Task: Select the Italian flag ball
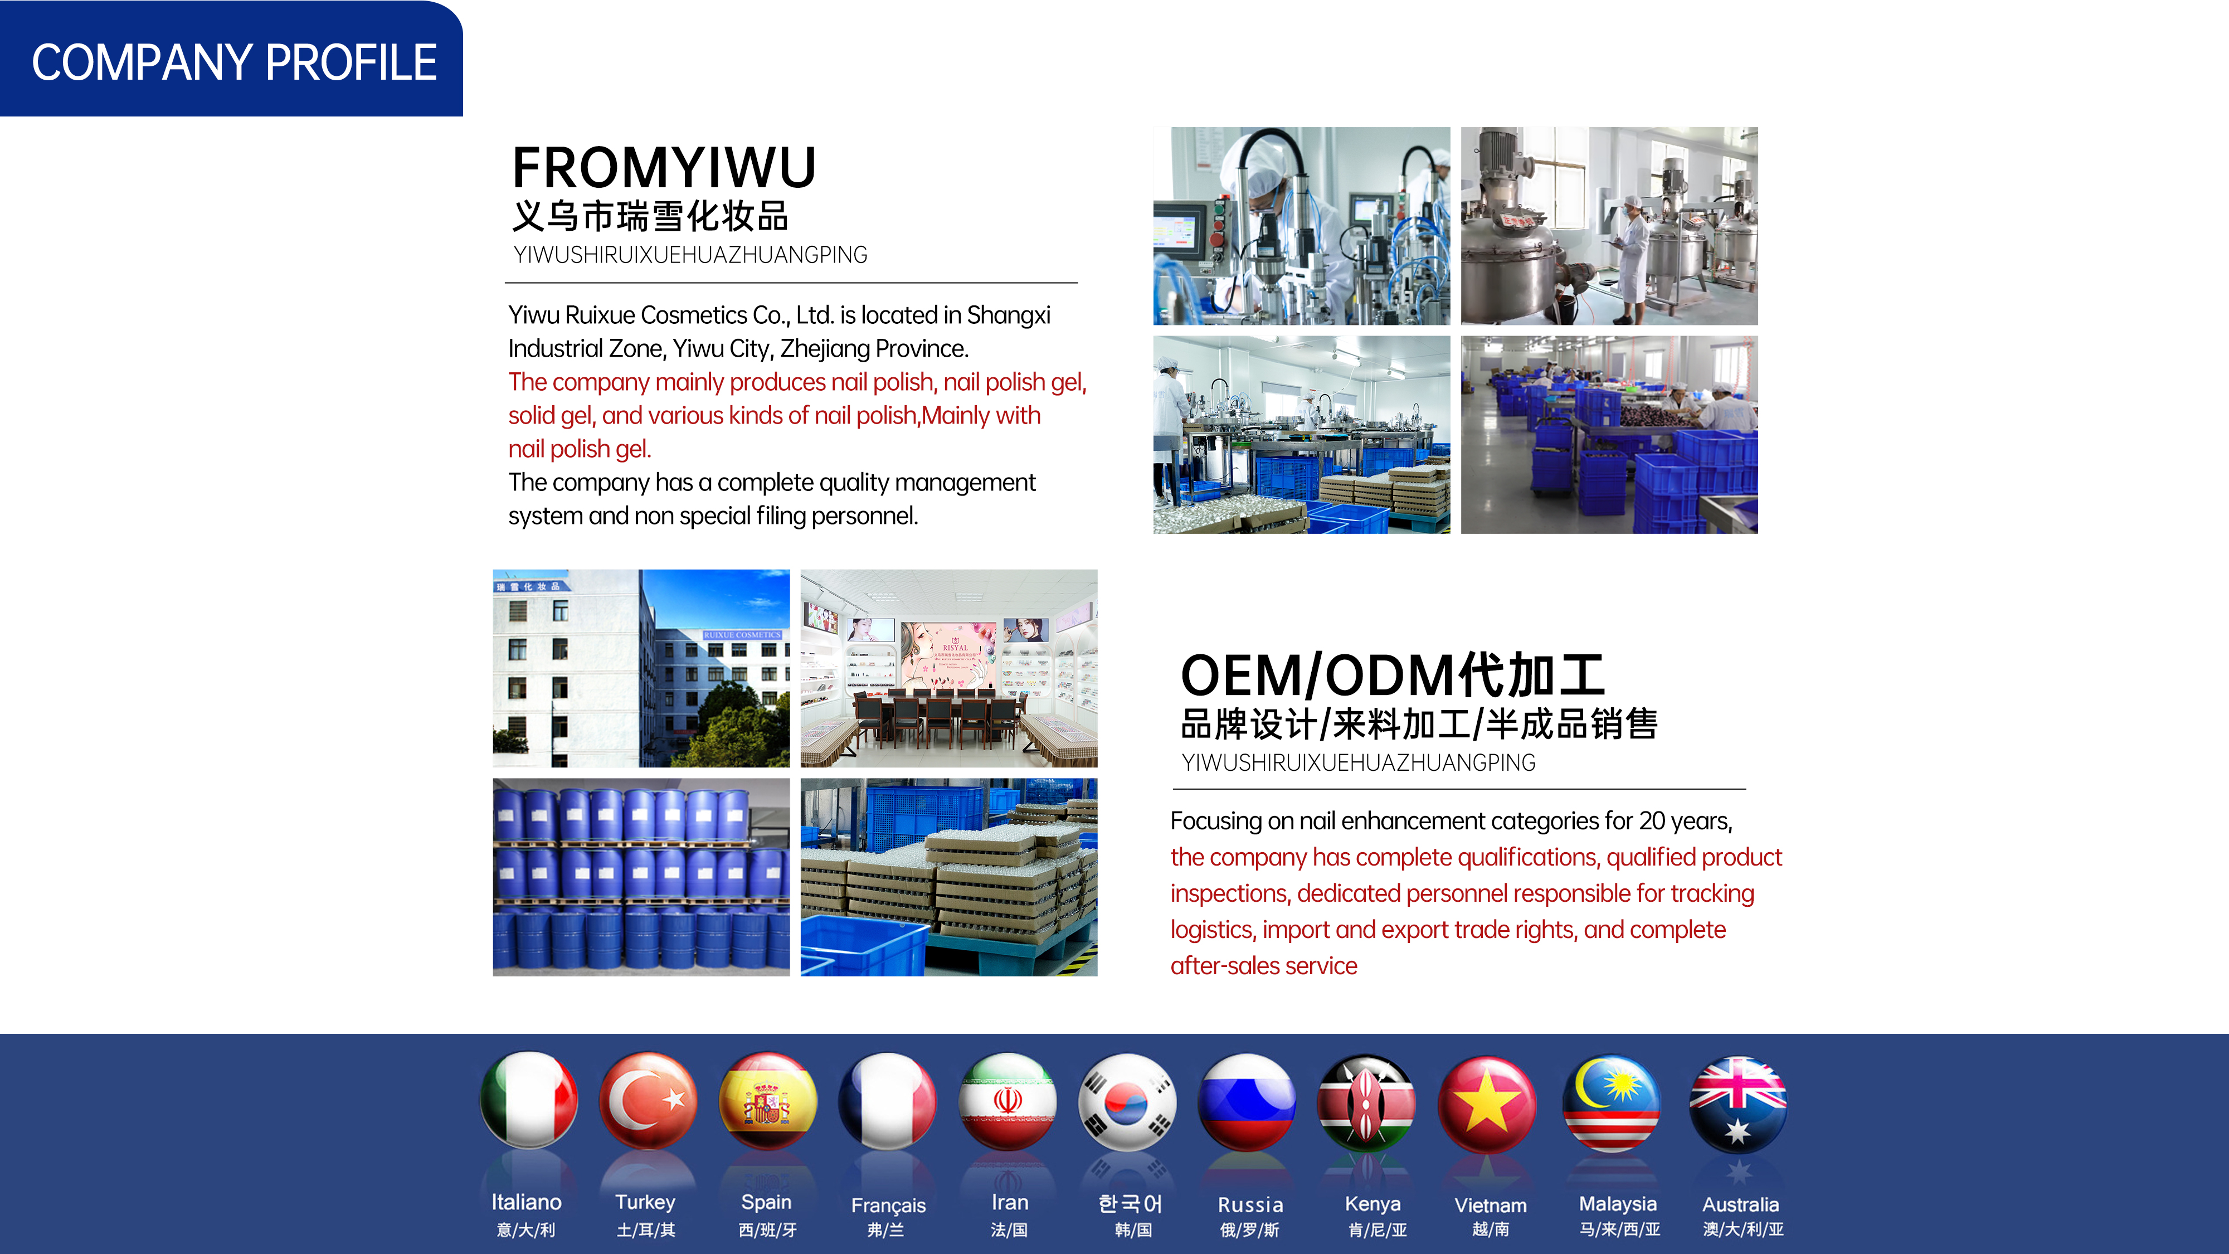tap(529, 1101)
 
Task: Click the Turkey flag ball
tap(648, 1101)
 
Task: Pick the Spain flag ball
tap(767, 1101)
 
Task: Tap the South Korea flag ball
tap(1127, 1102)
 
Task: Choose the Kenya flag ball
tap(1366, 1102)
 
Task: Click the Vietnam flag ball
tap(1487, 1104)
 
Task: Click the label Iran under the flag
tap(1010, 1202)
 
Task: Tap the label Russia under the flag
tap(1250, 1204)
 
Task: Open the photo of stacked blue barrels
tap(641, 877)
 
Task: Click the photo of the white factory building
tap(641, 668)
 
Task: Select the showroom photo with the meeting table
tap(949, 668)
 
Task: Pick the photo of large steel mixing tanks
tap(1609, 226)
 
